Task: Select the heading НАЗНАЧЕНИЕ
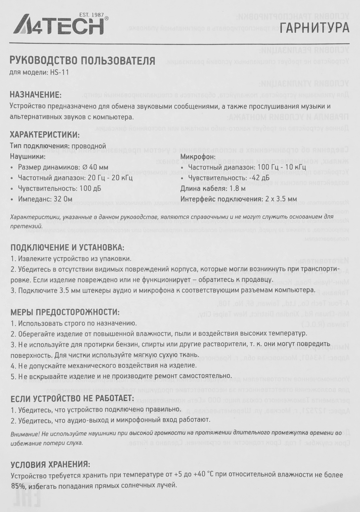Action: (x=36, y=94)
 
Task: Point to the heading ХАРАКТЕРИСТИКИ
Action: (x=44, y=135)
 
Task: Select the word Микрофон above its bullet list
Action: (x=198, y=156)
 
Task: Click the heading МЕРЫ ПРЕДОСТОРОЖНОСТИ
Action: (x=65, y=312)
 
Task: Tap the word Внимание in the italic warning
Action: (x=22, y=434)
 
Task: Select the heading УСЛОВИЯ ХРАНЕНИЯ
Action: (x=50, y=465)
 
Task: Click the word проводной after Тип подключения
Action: (x=89, y=146)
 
